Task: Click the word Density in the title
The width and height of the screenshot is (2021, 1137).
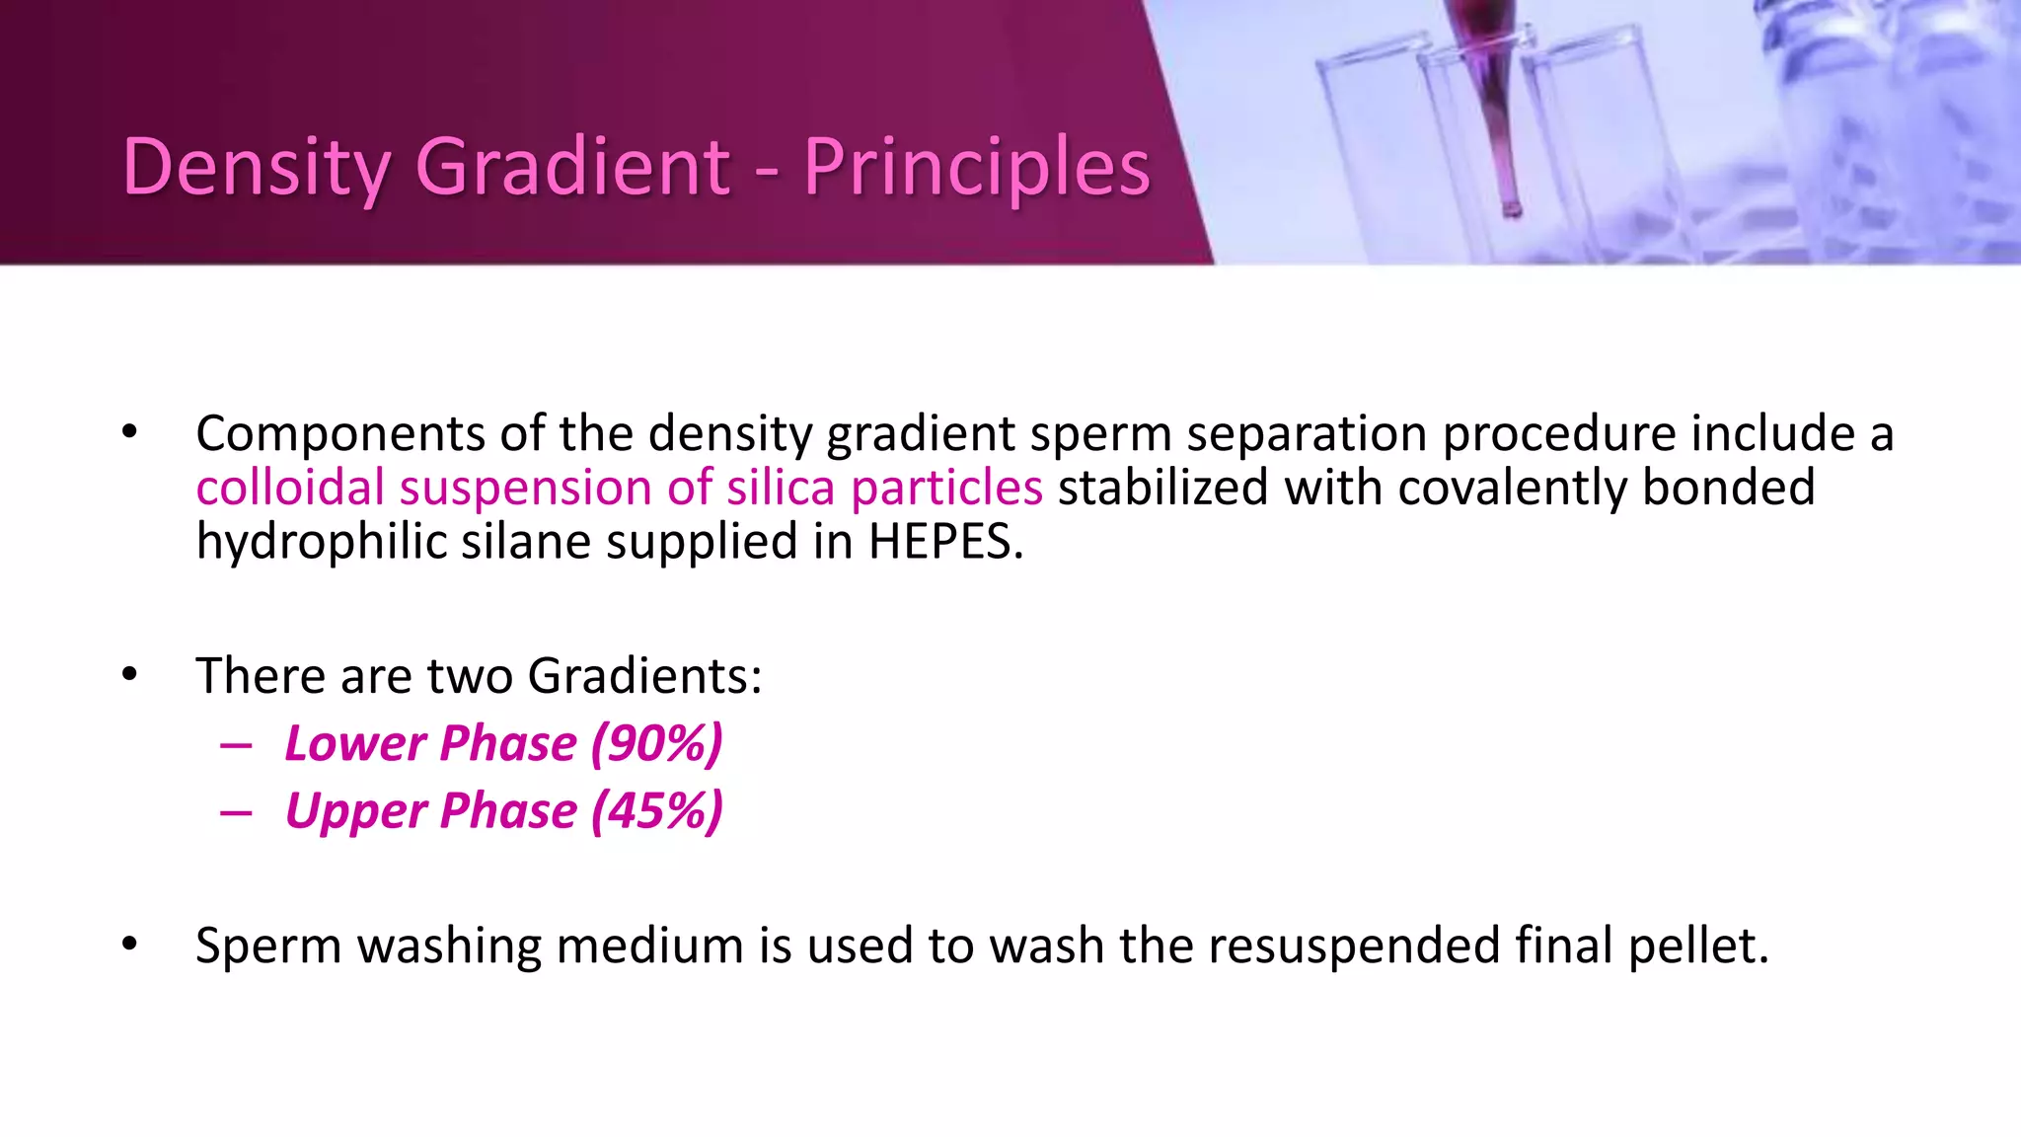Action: point(255,168)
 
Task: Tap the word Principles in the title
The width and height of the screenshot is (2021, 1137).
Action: point(976,168)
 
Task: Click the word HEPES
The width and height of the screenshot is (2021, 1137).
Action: point(945,542)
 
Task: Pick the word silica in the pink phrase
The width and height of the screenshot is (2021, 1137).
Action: point(782,488)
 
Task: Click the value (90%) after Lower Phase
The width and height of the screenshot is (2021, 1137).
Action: point(656,743)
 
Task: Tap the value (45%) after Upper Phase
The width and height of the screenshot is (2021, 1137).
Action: point(656,811)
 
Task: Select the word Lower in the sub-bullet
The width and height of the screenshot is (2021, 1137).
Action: point(353,743)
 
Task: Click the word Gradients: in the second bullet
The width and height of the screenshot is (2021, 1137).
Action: point(644,676)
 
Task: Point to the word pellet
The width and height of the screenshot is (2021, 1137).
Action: point(1698,946)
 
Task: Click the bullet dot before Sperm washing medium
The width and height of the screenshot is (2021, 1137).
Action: point(130,945)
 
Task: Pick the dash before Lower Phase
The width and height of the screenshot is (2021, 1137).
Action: point(236,745)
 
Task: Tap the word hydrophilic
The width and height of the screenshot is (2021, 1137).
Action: point(322,542)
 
